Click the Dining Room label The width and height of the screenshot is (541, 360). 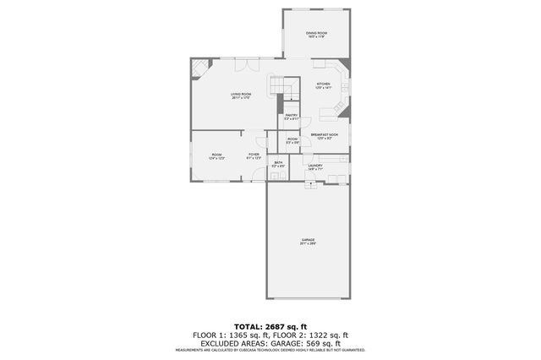click(x=316, y=34)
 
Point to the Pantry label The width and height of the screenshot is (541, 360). click(x=292, y=117)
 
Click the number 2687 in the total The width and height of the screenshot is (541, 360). click(x=277, y=325)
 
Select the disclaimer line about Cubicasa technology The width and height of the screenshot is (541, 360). click(x=270, y=350)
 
